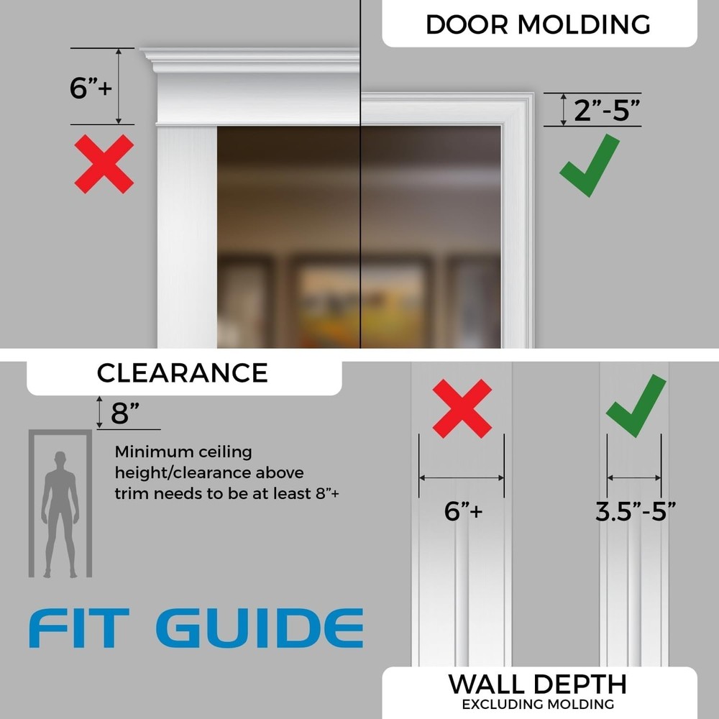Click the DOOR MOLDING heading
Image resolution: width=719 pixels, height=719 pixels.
pos(538,24)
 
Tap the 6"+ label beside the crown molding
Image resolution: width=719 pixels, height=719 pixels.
pos(91,88)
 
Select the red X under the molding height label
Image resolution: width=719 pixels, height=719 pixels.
pos(104,164)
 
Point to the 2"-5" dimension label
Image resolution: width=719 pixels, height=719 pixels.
pos(607,111)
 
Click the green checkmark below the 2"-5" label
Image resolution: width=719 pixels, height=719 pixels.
pos(590,165)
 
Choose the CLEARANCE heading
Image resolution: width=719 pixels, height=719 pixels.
pos(182,372)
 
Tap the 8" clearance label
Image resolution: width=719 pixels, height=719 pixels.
pos(125,414)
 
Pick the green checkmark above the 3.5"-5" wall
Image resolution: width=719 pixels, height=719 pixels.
pos(636,406)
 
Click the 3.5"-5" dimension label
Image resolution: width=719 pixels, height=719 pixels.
pos(636,511)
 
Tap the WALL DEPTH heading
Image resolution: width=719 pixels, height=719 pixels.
pos(537,684)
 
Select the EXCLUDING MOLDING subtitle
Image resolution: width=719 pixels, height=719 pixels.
pos(538,704)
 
